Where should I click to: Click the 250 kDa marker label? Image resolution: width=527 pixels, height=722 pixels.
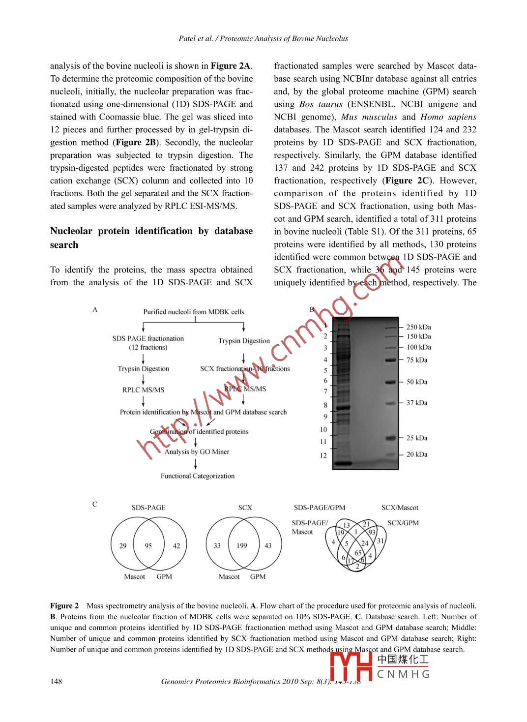point(418,327)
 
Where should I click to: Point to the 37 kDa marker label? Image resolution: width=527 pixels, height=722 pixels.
point(417,403)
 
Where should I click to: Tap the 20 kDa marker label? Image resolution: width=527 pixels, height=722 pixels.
point(417,454)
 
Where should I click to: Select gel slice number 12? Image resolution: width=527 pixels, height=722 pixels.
point(323,455)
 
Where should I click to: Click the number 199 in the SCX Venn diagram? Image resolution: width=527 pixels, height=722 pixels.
point(242,545)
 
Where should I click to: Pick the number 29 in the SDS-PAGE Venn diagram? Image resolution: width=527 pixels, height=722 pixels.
point(123,545)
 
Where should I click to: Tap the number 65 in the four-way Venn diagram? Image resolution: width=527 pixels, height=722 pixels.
point(358,553)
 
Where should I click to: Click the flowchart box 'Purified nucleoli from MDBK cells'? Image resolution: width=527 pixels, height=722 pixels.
point(194,312)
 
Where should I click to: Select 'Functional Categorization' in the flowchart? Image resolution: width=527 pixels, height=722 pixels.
point(198,476)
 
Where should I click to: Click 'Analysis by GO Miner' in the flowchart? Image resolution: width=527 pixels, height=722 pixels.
point(197,451)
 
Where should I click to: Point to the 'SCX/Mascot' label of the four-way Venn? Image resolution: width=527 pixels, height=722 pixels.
point(400,508)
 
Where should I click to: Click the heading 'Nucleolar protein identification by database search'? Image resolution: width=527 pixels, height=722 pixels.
point(151,238)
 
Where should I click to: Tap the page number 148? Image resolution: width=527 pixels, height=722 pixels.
point(56,681)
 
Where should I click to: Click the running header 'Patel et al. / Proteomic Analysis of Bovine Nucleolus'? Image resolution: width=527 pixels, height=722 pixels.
point(263,38)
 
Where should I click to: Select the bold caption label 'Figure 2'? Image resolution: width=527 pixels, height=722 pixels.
point(64,606)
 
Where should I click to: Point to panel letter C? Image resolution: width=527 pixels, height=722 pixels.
point(95,504)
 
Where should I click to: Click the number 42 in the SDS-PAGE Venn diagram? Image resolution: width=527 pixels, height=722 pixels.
point(176,545)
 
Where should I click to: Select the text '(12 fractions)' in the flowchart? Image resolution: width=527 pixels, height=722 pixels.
point(148,347)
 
